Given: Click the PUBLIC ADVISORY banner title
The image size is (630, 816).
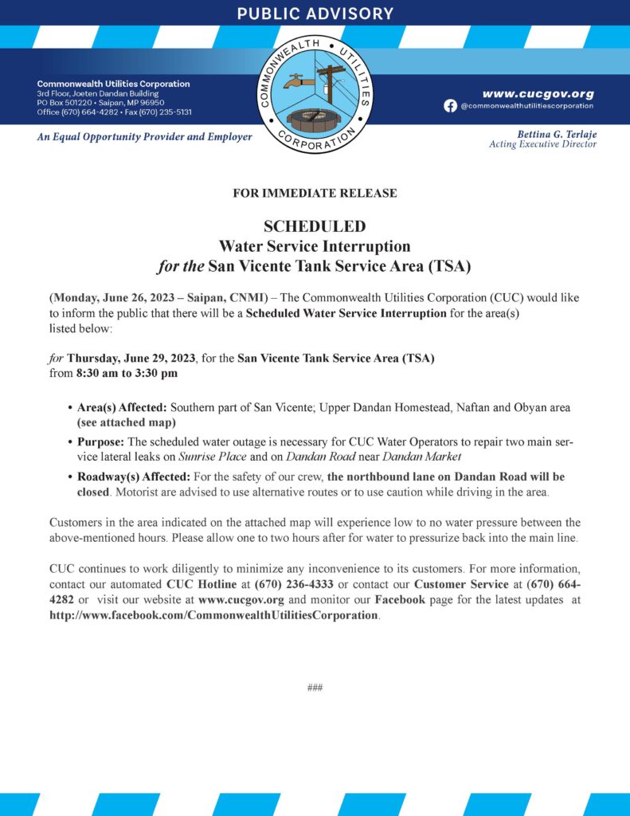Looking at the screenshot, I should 315,14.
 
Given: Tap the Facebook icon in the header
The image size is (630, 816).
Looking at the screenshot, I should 450,106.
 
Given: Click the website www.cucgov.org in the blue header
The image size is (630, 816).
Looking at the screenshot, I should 538,93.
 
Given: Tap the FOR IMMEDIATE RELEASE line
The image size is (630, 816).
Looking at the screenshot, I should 315,193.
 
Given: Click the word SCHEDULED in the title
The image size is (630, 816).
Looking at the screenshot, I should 315,227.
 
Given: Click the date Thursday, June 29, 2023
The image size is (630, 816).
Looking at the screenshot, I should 127,358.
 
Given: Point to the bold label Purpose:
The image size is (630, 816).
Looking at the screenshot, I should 101,441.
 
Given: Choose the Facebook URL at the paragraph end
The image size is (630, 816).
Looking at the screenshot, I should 213,615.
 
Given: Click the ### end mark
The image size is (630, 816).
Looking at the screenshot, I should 315,687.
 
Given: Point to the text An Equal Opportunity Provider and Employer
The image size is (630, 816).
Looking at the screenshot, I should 145,137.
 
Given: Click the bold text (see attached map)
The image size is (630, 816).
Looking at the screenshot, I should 126,422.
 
